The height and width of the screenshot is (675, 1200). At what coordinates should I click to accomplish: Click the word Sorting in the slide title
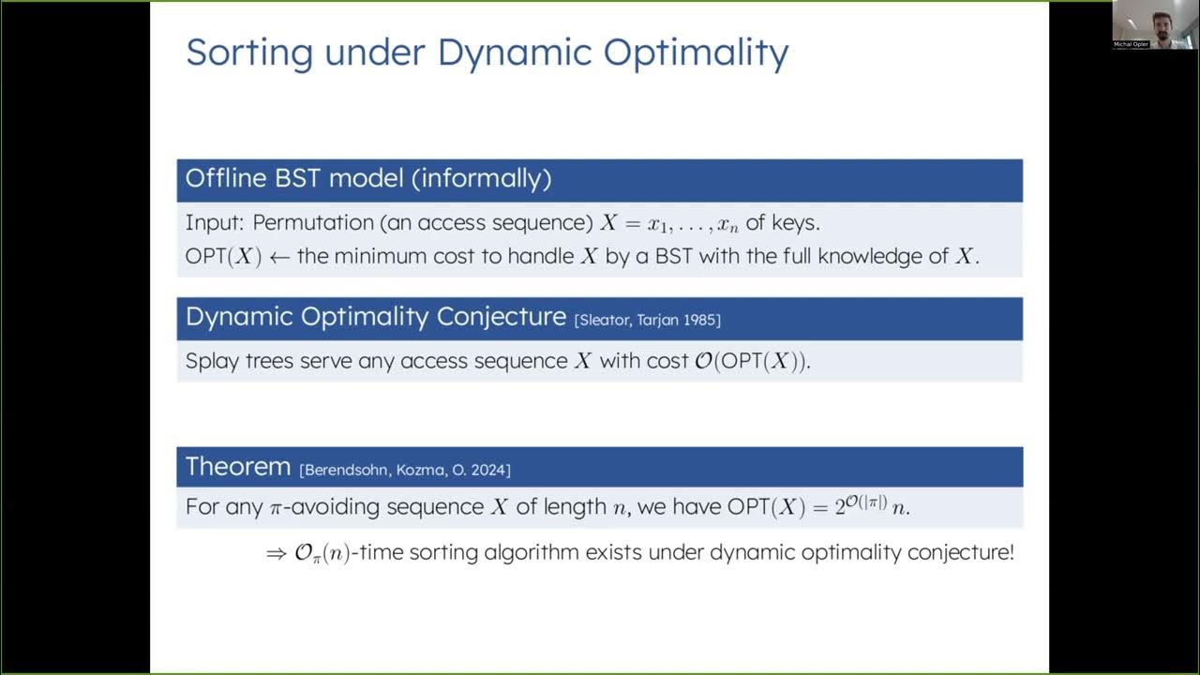(x=249, y=53)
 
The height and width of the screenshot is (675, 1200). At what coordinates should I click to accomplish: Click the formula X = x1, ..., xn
(x=669, y=224)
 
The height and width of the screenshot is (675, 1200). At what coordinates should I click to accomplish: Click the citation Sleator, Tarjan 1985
(x=647, y=321)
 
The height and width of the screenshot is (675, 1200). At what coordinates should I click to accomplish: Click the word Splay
(x=213, y=362)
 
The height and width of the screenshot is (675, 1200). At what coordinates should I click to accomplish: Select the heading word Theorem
(x=238, y=467)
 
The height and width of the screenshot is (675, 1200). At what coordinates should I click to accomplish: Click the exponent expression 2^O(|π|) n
(x=870, y=506)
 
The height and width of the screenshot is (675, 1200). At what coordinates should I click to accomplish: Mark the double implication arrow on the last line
(x=276, y=554)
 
